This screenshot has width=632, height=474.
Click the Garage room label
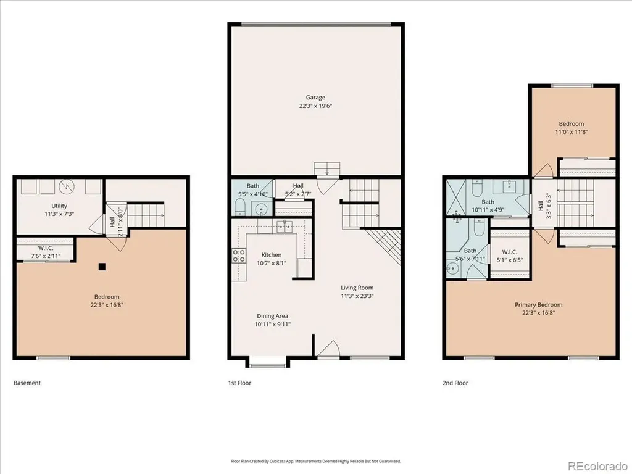pos(315,97)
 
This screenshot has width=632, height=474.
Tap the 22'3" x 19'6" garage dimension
pos(315,106)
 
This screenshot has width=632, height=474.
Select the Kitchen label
pos(272,255)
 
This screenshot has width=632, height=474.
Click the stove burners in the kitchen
pos(239,256)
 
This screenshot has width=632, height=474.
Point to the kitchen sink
pos(285,227)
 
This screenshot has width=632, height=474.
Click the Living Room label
pos(357,288)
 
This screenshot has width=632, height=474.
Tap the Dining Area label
pos(272,316)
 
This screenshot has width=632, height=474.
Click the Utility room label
pos(59,206)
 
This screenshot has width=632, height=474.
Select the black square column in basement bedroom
pos(102,267)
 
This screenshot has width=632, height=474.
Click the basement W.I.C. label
pos(46,248)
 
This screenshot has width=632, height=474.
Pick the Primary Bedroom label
pos(538,305)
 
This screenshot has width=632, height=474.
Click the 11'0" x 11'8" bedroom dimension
pos(571,132)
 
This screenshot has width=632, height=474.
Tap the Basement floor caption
pos(27,383)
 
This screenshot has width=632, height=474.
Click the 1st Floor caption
pos(239,383)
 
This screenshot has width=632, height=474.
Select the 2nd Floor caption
pos(455,383)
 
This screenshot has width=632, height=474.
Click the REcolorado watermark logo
pos(597,466)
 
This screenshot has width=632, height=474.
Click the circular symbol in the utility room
pos(67,186)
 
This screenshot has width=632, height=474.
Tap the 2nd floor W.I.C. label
pos(509,252)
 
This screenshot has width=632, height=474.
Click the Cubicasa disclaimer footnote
pos(316,461)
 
